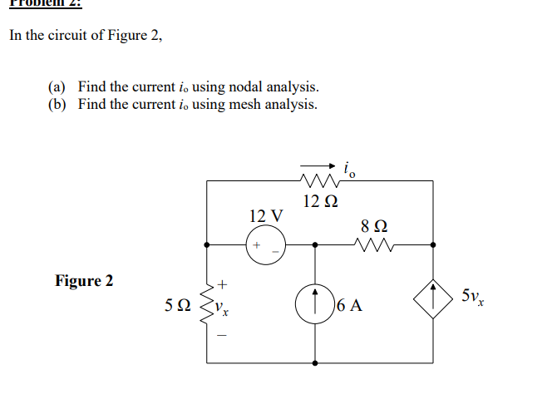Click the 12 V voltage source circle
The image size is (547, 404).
pyautogui.click(x=266, y=245)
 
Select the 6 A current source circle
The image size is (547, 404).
pyautogui.click(x=315, y=303)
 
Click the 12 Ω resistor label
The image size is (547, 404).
pyautogui.click(x=320, y=201)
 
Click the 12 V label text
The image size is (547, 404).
pyautogui.click(x=265, y=216)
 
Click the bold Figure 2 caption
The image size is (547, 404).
pyautogui.click(x=84, y=280)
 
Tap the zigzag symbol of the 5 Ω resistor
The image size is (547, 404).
pyautogui.click(x=206, y=304)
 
